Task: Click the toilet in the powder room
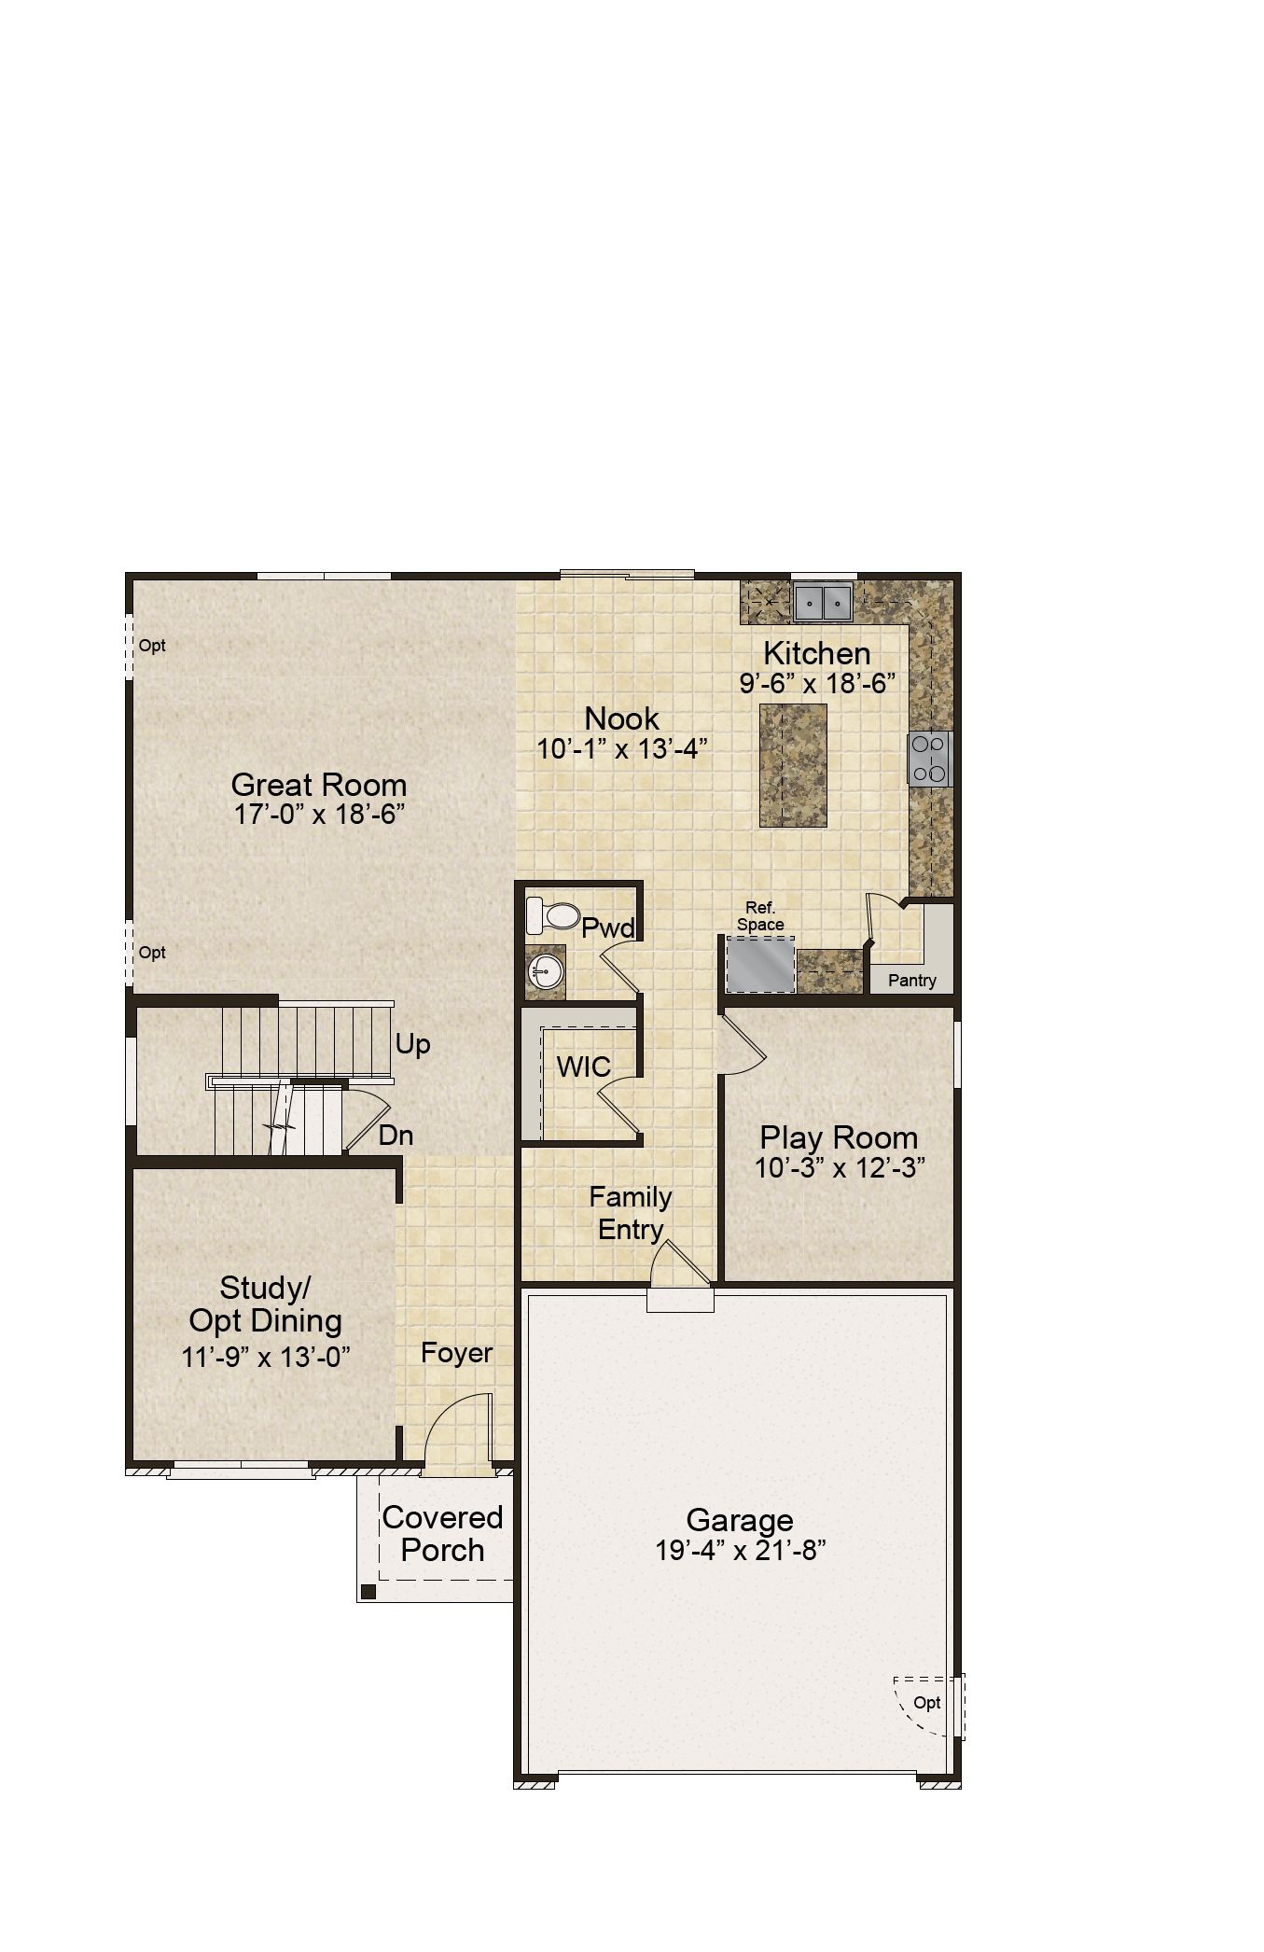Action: click(552, 914)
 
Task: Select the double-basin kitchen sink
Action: click(823, 602)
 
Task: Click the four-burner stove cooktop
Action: click(929, 758)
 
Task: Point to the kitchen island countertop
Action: click(793, 765)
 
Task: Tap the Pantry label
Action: click(911, 981)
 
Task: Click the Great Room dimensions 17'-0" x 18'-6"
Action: click(319, 815)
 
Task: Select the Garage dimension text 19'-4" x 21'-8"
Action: click(741, 1550)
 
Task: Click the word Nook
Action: click(622, 718)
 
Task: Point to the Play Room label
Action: click(839, 1137)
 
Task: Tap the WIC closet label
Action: click(584, 1067)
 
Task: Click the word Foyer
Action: click(456, 1353)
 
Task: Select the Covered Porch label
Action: click(443, 1534)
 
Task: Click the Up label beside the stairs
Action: click(412, 1045)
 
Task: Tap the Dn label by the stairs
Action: click(396, 1136)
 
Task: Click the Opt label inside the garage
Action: click(926, 1703)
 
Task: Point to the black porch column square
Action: click(368, 1592)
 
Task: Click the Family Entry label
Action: click(631, 1213)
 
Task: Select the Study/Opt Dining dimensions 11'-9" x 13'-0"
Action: click(266, 1357)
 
